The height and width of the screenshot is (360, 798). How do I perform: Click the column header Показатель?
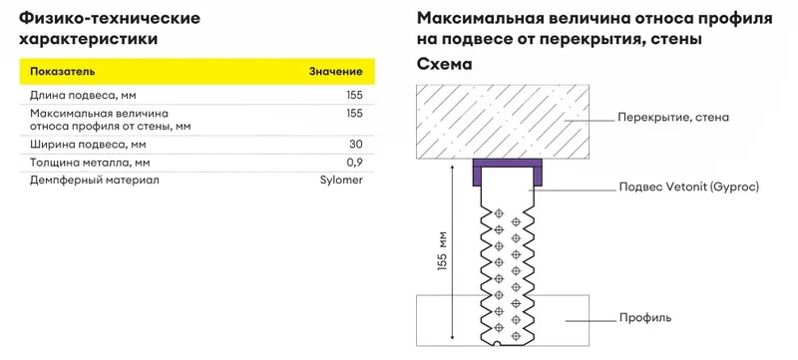tap(63, 71)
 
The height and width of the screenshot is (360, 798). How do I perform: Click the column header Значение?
tap(336, 71)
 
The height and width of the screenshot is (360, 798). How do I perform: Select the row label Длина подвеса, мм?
tap(83, 96)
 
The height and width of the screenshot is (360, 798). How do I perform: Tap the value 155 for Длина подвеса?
tap(354, 95)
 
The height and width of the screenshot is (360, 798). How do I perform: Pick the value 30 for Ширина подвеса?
tap(356, 145)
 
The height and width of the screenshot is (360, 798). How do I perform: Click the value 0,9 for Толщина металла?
tap(356, 163)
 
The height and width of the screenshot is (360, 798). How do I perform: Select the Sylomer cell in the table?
tap(341, 180)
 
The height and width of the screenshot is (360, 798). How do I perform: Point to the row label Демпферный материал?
tap(94, 180)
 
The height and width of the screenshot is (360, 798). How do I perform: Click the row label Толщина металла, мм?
tap(90, 163)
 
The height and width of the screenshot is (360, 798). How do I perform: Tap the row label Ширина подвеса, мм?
tap(88, 145)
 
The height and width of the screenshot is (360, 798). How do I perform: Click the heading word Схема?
tap(444, 65)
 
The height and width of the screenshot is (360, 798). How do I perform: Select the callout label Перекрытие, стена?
tap(673, 118)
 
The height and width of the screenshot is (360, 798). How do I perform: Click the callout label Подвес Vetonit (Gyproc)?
tap(688, 187)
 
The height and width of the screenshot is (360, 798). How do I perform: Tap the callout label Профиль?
tap(645, 318)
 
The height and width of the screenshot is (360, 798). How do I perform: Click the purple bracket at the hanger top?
tap(507, 163)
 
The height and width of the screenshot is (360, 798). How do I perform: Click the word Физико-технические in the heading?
tap(110, 19)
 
